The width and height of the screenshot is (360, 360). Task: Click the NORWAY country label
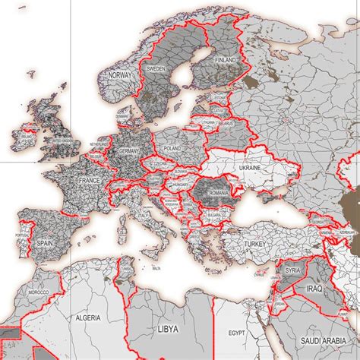[121, 76]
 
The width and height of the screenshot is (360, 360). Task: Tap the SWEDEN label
[155, 68]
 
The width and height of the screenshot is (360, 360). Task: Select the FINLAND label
[225, 60]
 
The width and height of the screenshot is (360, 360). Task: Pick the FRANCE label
[89, 181]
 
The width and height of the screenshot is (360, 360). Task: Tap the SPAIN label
[44, 244]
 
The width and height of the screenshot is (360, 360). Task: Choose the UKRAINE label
[250, 167]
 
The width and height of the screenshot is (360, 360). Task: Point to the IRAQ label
[316, 289]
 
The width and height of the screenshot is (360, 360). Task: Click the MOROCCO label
[38, 292]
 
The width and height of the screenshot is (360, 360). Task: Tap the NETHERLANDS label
[99, 143]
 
